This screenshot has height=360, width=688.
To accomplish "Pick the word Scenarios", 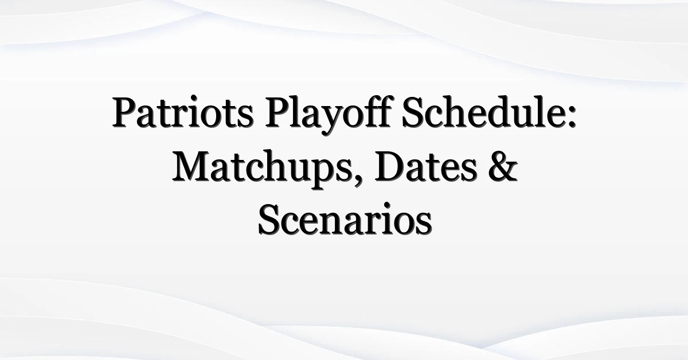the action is (x=345, y=219).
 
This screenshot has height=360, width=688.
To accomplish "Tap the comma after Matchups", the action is (x=358, y=182).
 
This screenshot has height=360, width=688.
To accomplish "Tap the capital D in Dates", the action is (x=390, y=166).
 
